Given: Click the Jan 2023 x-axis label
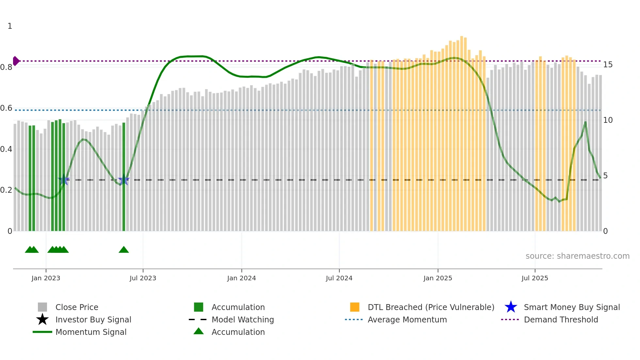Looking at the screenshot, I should coord(46,278).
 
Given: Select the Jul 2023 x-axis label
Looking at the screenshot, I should coord(143,278).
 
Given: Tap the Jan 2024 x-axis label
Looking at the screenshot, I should coord(241,278).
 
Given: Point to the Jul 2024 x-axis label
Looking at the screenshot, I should coord(339,278).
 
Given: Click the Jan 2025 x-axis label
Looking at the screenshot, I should coord(438,278).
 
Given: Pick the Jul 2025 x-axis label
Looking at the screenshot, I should coord(535,278).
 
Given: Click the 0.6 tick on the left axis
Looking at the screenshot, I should coord(6,108).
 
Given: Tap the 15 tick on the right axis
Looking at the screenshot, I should coord(608,65).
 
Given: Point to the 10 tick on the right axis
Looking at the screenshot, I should coord(608,120).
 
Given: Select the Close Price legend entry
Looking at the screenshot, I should coord(76,307).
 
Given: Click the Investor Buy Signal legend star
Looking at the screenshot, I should coord(42,319).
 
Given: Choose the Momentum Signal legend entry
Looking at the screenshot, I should coord(91,332).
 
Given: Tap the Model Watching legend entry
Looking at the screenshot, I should coord(242,319).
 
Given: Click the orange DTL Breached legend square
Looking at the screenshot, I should coord(355,307).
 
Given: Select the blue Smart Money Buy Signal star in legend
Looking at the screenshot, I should coord(511,307).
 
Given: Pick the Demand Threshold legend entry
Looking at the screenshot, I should coord(561,319).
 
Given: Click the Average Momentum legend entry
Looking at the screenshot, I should coord(407,319).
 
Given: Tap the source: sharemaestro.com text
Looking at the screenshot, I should coord(577,256).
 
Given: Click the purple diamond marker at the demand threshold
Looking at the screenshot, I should coord(16,61).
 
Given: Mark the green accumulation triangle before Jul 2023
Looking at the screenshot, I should coord(124,250).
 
